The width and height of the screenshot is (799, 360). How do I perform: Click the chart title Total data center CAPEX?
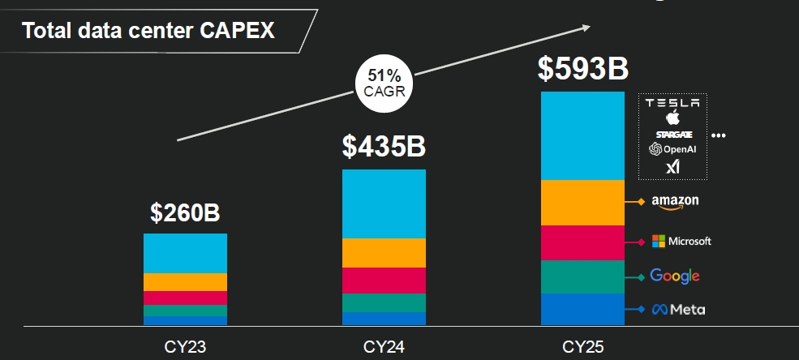[148, 31]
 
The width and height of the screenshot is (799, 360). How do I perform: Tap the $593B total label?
[583, 68]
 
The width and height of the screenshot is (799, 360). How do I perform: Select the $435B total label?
[384, 146]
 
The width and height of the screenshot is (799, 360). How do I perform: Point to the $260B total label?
[185, 212]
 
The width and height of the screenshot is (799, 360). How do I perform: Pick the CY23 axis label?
[185, 347]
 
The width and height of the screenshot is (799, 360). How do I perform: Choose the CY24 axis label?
[384, 347]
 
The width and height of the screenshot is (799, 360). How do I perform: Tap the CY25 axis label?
[583, 347]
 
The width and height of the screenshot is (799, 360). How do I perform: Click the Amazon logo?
[675, 202]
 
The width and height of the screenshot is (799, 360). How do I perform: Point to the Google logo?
[675, 276]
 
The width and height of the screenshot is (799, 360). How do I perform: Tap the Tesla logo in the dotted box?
[672, 103]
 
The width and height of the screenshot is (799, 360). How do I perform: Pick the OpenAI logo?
[673, 149]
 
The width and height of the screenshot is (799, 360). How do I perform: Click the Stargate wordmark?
[672, 133]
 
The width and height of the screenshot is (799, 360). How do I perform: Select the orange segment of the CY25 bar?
[583, 203]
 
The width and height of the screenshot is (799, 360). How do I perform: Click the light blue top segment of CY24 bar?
[384, 204]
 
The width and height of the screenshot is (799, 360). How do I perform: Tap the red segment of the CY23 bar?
[185, 298]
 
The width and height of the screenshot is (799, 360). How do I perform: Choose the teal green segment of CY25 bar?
[583, 276]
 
